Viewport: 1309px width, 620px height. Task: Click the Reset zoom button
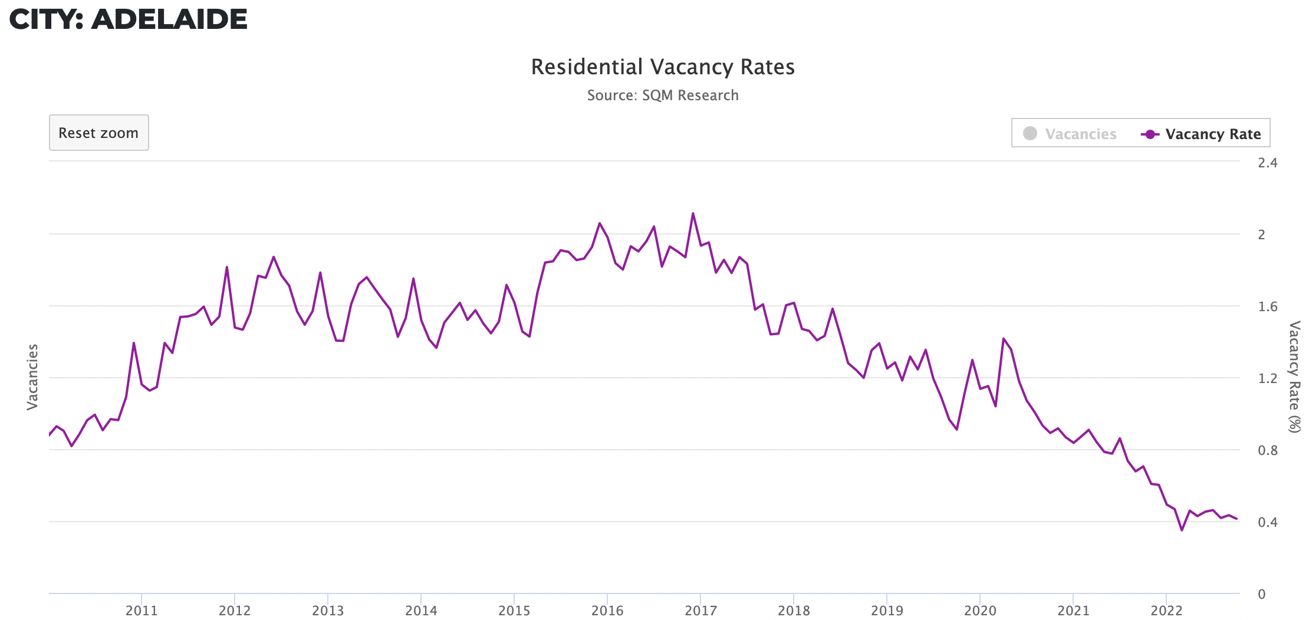tap(98, 133)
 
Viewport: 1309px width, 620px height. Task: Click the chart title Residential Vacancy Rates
tap(663, 67)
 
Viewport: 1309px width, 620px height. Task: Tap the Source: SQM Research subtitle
tap(663, 95)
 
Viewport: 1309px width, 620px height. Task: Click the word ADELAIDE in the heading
tap(169, 19)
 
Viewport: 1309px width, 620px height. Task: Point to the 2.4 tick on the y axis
tap(1267, 163)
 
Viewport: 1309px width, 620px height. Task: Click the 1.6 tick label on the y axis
tap(1267, 306)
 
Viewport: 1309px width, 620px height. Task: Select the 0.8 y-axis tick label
tap(1267, 450)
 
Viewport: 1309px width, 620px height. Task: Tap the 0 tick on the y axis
tap(1261, 594)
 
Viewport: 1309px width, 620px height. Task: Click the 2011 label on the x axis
tap(142, 611)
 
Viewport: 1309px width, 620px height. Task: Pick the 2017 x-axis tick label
tap(700, 611)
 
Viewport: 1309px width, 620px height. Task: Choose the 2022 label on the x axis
tap(1166, 611)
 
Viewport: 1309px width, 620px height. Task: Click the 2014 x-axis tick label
tap(421, 611)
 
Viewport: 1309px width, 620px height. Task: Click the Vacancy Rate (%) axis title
tap(1294, 377)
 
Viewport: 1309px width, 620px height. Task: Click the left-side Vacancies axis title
tap(32, 377)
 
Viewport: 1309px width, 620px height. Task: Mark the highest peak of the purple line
tap(693, 213)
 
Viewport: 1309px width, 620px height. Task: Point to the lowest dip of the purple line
tap(1182, 530)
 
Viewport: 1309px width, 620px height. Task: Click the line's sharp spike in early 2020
tap(1003, 339)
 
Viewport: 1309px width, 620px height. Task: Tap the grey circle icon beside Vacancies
tap(1030, 134)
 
